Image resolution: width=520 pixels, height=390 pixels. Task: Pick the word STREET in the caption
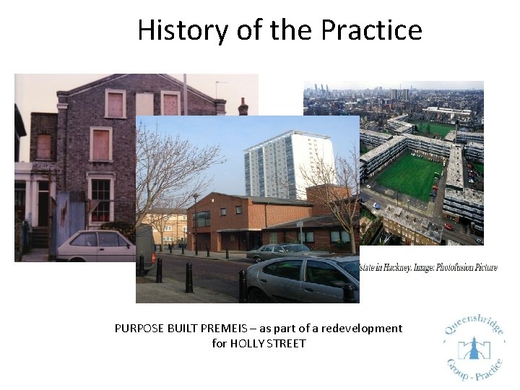pos(288,343)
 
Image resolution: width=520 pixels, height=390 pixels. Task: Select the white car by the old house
pos(94,246)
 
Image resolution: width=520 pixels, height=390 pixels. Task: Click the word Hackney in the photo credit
pos(389,267)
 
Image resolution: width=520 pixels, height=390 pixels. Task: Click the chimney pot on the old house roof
pos(243,106)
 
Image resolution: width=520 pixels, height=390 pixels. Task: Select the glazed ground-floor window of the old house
pos(100,198)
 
